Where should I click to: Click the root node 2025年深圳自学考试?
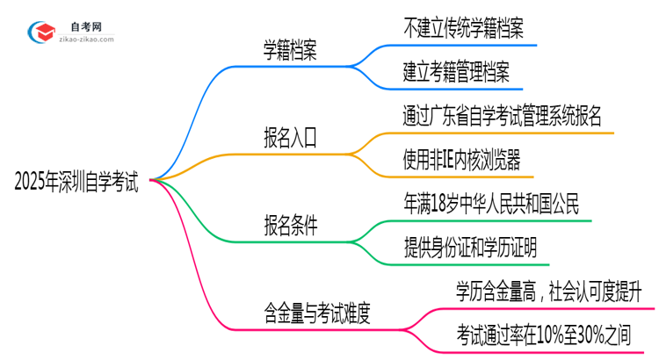coord(76,182)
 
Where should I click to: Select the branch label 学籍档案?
coord(291,51)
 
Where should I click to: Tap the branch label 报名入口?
coord(291,138)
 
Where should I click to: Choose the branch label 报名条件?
coord(291,225)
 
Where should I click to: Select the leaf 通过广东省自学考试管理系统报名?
coord(502,116)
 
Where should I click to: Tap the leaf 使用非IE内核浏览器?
coord(461,159)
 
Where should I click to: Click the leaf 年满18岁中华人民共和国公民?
coord(491,204)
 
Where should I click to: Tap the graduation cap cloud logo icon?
coord(42,31)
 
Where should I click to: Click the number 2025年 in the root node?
coord(38,182)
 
